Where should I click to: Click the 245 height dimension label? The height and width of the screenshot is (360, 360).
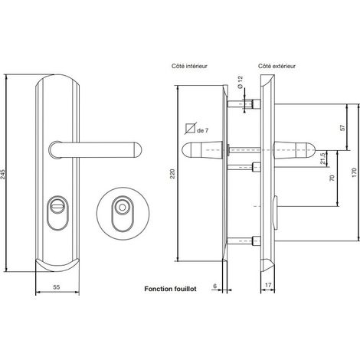pyautogui.click(x=2, y=174)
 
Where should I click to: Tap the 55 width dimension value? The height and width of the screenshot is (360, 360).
pyautogui.click(x=57, y=287)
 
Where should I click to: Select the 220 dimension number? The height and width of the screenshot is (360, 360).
pyautogui.click(x=173, y=174)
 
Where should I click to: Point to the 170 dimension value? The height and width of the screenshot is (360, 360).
pyautogui.click(x=354, y=173)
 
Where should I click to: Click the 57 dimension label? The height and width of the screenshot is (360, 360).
pyautogui.click(x=342, y=128)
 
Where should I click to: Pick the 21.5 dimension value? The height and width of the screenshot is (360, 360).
pyautogui.click(x=323, y=159)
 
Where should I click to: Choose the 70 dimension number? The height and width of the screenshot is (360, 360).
pyautogui.click(x=332, y=178)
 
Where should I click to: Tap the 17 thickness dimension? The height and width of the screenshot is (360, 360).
pyautogui.click(x=268, y=285)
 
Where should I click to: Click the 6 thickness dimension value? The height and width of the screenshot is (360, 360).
pyautogui.click(x=214, y=286)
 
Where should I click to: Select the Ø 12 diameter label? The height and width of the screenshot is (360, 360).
pyautogui.click(x=240, y=82)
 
